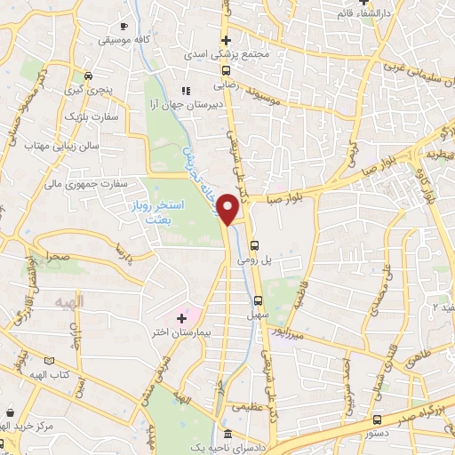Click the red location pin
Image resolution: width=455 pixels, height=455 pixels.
229,210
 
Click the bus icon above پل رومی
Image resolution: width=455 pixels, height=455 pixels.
256,245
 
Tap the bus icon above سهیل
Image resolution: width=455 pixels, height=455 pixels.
259,300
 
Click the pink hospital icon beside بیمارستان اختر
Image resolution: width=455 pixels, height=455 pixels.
183,316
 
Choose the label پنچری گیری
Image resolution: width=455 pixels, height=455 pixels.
91,91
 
